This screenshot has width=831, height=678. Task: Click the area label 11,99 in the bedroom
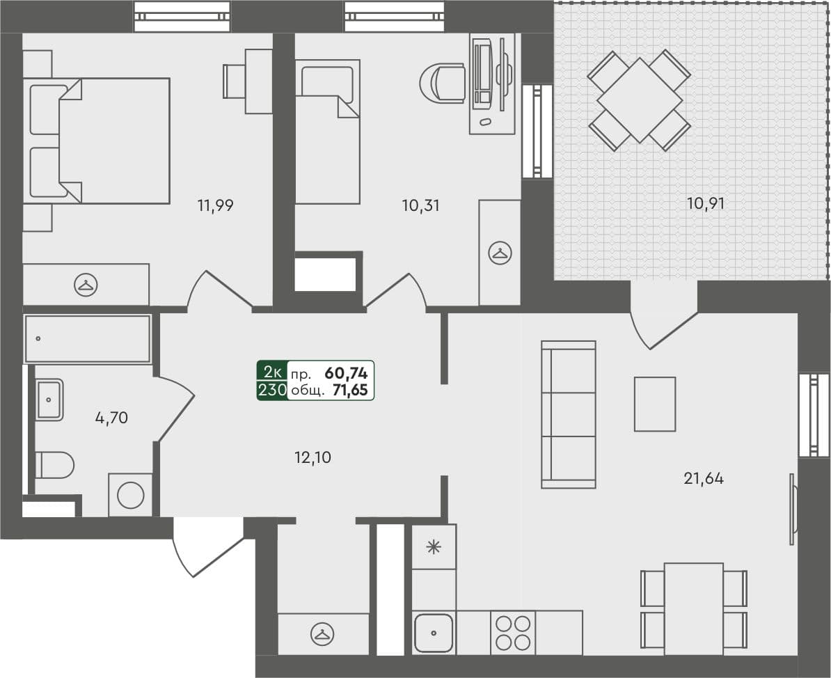click(x=215, y=205)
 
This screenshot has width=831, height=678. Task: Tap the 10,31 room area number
click(x=421, y=205)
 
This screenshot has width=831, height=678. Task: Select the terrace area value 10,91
click(x=706, y=204)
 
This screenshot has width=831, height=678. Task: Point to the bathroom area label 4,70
click(x=111, y=418)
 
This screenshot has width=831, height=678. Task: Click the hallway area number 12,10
click(x=312, y=458)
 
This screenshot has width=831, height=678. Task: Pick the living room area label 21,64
click(x=703, y=478)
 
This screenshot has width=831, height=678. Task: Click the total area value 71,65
click(x=350, y=390)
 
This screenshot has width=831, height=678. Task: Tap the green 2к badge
click(x=272, y=371)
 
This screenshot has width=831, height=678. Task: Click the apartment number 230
click(x=272, y=390)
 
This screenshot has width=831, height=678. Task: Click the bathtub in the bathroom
click(x=88, y=338)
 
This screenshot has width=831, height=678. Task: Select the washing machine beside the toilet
click(x=130, y=495)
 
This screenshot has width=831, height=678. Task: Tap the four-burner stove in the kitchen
click(x=513, y=633)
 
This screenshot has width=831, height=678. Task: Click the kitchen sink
click(x=434, y=633)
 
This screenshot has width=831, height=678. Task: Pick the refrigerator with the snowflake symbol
click(x=434, y=547)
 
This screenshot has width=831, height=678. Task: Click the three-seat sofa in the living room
click(x=569, y=414)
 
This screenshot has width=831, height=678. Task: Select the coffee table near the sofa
click(x=654, y=404)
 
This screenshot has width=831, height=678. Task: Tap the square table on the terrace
click(x=640, y=100)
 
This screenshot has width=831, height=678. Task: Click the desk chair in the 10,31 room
click(x=444, y=84)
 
